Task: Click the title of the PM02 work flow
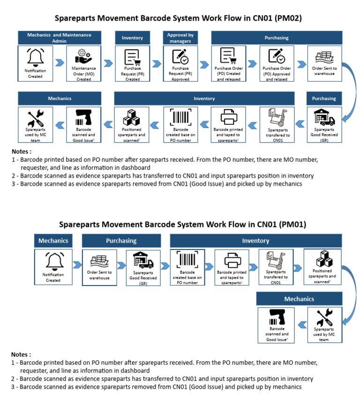[178, 19]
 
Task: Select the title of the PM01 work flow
[180, 225]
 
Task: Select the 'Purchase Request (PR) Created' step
[132, 64]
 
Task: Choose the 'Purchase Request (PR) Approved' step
[180, 64]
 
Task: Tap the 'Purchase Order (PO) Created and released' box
[228, 64]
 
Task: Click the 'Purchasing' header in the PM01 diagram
[121, 241]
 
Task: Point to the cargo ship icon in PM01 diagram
[98, 260]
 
